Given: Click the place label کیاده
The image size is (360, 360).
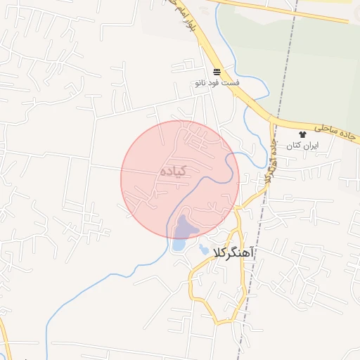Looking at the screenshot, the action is coord(173,171).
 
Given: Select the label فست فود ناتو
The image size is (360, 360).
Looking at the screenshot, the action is coord(218,83).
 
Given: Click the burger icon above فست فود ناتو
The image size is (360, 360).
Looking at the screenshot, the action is coord(217,72).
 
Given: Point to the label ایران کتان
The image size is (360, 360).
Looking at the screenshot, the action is coord(303,145).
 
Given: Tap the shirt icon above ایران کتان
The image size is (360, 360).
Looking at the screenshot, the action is coord(303,134).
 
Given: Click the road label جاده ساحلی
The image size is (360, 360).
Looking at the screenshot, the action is coord(337,129).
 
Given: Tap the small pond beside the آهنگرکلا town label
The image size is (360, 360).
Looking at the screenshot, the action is coord(204,250).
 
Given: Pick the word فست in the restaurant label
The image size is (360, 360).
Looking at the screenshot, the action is coord(231,83).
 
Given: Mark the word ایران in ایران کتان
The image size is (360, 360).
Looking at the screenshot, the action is coord(311,145).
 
